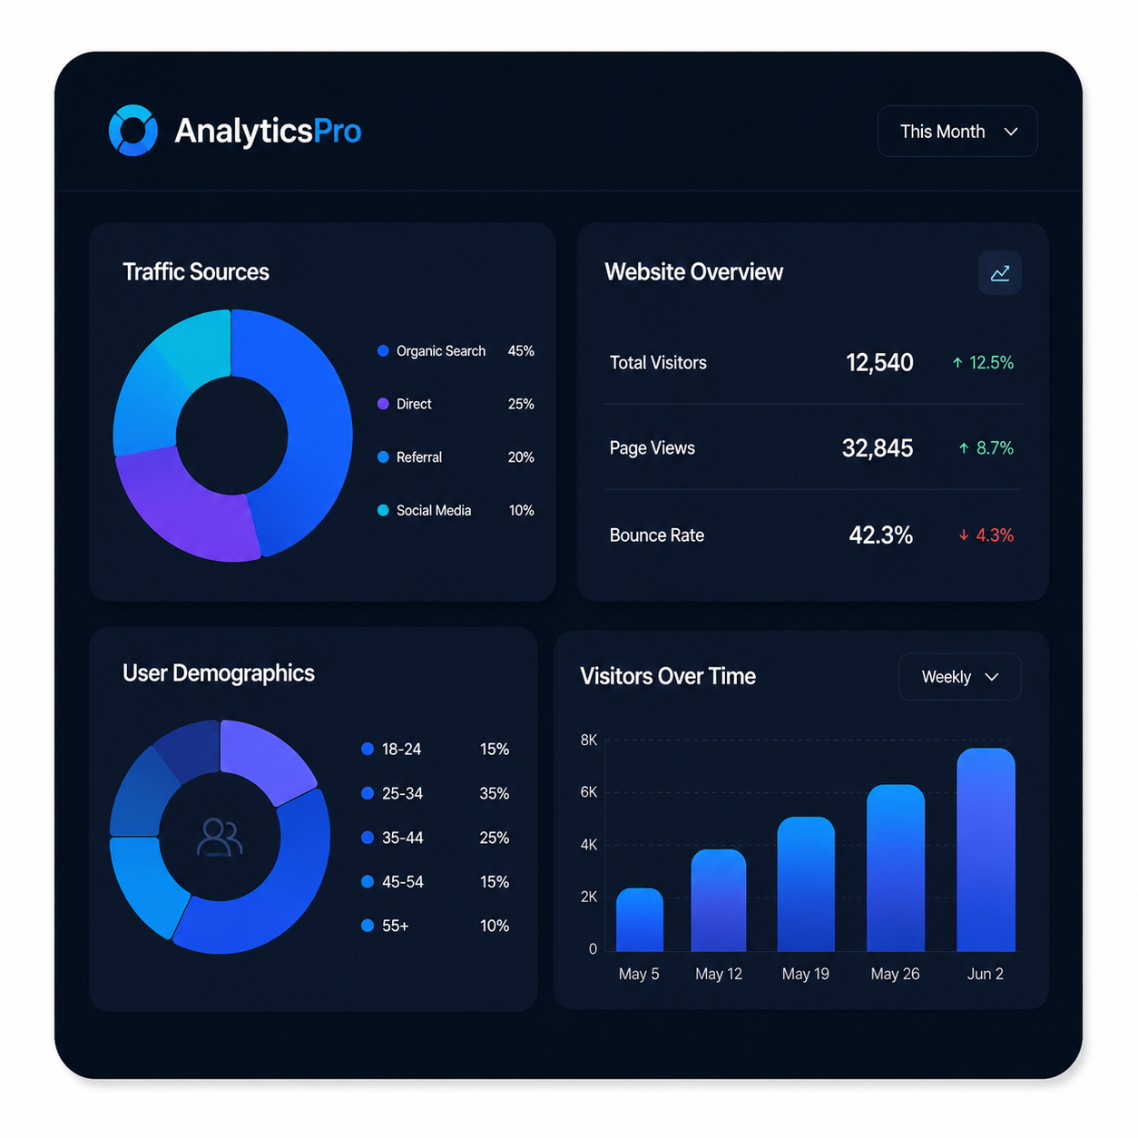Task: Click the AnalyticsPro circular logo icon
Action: point(132,130)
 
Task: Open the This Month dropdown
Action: point(957,131)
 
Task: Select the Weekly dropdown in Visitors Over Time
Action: point(959,676)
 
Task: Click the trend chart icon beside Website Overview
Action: point(999,273)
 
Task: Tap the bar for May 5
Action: point(639,919)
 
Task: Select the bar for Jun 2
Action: point(985,849)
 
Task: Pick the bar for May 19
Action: point(806,884)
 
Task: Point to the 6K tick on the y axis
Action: point(588,792)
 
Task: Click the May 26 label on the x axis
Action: point(895,974)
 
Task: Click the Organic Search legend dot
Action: point(383,351)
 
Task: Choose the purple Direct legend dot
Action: point(383,404)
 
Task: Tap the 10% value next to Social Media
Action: point(521,510)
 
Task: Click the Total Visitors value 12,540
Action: point(879,363)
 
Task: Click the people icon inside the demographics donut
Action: point(219,837)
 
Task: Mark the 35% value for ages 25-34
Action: point(494,793)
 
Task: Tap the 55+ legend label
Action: point(395,926)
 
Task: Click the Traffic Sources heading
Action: point(195,271)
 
